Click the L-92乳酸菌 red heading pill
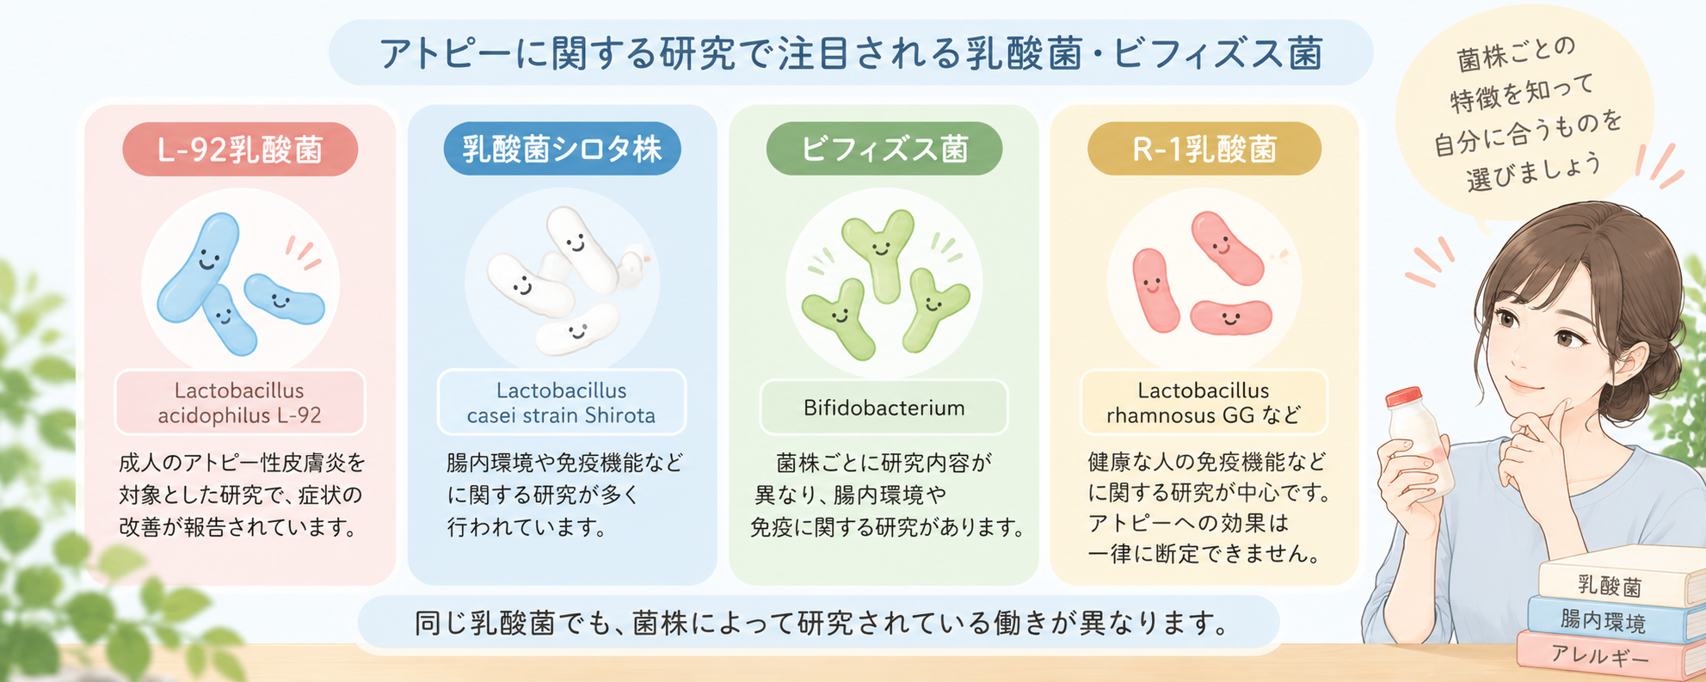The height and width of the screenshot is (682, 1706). pos(240,150)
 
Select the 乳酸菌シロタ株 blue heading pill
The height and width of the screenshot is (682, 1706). pos(562,149)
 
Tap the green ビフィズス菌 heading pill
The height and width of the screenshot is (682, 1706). pos(884,149)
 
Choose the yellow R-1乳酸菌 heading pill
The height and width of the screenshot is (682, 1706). pos(1204,149)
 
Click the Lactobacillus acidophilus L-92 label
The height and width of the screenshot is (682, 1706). pos(240,402)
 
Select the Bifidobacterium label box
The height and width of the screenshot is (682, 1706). pos(884,408)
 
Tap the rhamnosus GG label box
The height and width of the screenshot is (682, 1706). pos(1204,402)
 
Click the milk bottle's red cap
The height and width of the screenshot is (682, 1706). pos(1404,396)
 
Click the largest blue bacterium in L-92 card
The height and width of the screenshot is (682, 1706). pos(199,267)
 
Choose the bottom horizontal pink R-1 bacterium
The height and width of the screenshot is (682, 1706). pos(1230,317)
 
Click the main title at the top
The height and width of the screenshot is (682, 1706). pos(851,53)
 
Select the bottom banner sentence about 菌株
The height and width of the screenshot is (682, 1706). pos(822,622)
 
